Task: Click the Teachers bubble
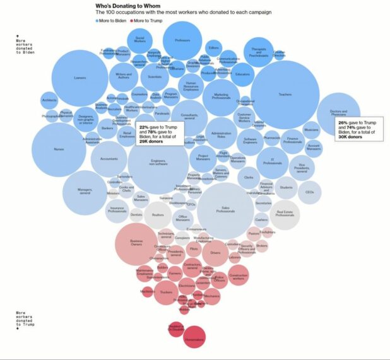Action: [284, 95]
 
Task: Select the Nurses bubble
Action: [59, 149]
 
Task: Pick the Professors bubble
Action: [182, 41]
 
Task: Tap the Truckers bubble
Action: [166, 292]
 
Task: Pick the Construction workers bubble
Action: [238, 276]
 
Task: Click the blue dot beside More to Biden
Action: [97, 21]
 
